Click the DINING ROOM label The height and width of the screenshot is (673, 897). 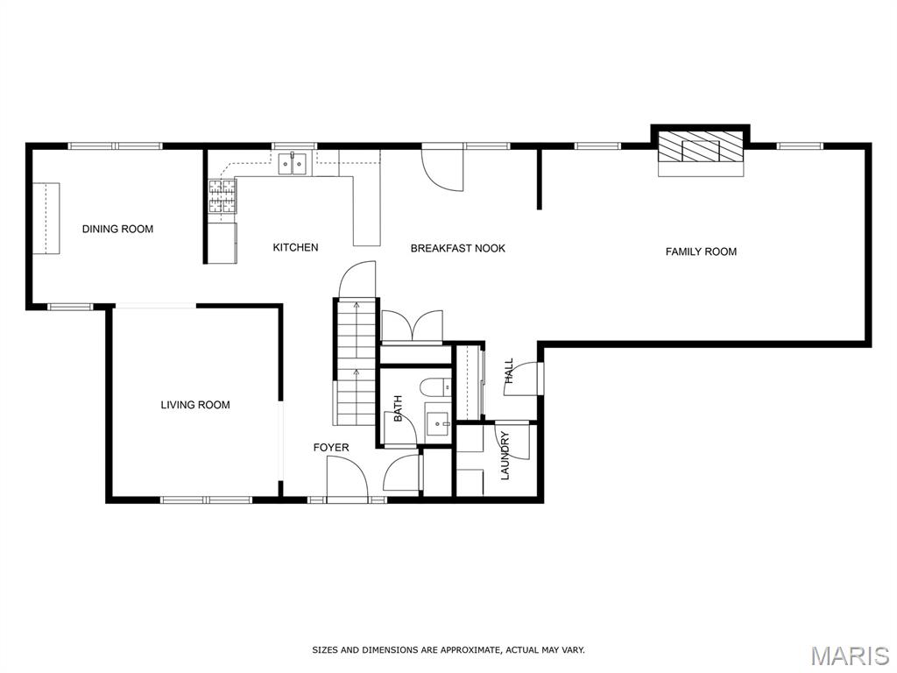click(118, 229)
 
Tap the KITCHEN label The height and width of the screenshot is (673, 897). click(295, 247)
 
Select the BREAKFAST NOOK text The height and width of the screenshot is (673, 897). click(457, 248)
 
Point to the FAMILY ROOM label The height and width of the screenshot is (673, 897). click(701, 251)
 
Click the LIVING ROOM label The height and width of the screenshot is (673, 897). click(195, 405)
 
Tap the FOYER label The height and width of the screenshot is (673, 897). click(330, 448)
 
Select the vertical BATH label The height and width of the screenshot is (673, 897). click(399, 408)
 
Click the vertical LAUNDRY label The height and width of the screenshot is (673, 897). click(505, 456)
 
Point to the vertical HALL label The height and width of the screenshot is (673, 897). click(509, 371)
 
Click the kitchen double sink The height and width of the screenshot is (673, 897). click(293, 163)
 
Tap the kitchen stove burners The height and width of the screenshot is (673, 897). click(222, 195)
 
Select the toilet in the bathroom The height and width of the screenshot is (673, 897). click(435, 387)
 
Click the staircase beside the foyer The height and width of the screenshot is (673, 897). click(356, 362)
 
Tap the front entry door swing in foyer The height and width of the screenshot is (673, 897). click(347, 477)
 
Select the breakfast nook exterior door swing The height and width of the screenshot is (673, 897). click(441, 167)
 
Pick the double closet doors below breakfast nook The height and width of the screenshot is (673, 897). click(412, 327)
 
